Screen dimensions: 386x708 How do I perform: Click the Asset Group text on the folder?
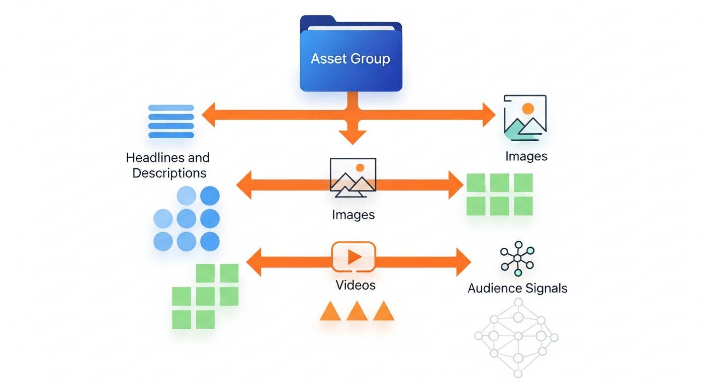click(350, 59)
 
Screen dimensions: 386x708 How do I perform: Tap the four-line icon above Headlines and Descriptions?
click(171, 121)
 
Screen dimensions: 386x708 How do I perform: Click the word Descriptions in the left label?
click(169, 173)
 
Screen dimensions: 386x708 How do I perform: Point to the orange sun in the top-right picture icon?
click(528, 108)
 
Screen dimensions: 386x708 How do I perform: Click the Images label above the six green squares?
click(526, 156)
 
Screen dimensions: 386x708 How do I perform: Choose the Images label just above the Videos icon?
click(353, 215)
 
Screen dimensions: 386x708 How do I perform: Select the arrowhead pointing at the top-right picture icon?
click(489, 115)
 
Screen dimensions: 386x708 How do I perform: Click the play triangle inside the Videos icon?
click(355, 257)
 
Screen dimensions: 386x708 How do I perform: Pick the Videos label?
click(356, 285)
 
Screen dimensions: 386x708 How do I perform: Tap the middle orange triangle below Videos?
click(357, 312)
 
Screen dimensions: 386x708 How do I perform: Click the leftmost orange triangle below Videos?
click(330, 312)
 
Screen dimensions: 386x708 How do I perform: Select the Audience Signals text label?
click(517, 288)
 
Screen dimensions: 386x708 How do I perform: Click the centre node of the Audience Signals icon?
click(517, 258)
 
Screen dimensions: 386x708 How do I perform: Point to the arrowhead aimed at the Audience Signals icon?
click(464, 262)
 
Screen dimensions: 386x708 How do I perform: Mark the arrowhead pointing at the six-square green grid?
click(456, 184)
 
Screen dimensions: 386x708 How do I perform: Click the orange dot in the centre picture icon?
click(360, 168)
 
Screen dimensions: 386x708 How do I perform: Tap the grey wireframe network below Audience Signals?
click(517, 337)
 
